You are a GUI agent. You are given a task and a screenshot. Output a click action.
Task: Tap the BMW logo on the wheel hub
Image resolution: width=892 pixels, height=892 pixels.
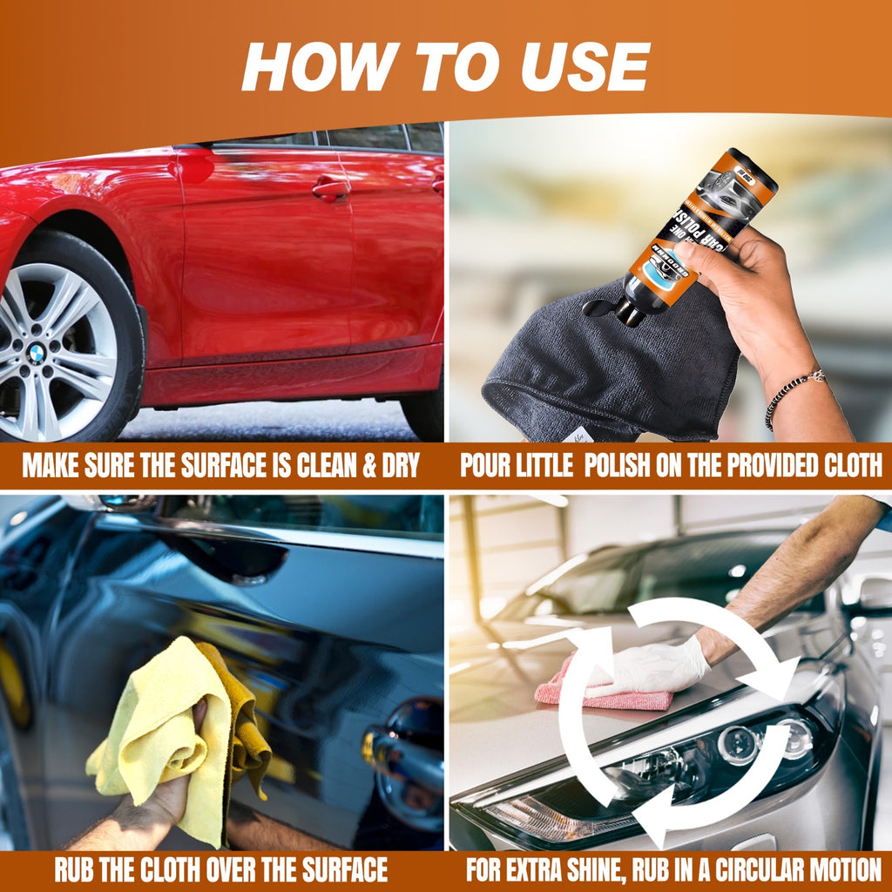pos(36,353)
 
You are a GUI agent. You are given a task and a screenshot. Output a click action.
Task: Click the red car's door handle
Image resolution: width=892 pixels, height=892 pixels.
pos(331,187)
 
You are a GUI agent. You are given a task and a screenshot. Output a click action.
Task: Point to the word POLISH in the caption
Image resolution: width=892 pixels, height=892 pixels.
pos(619,465)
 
